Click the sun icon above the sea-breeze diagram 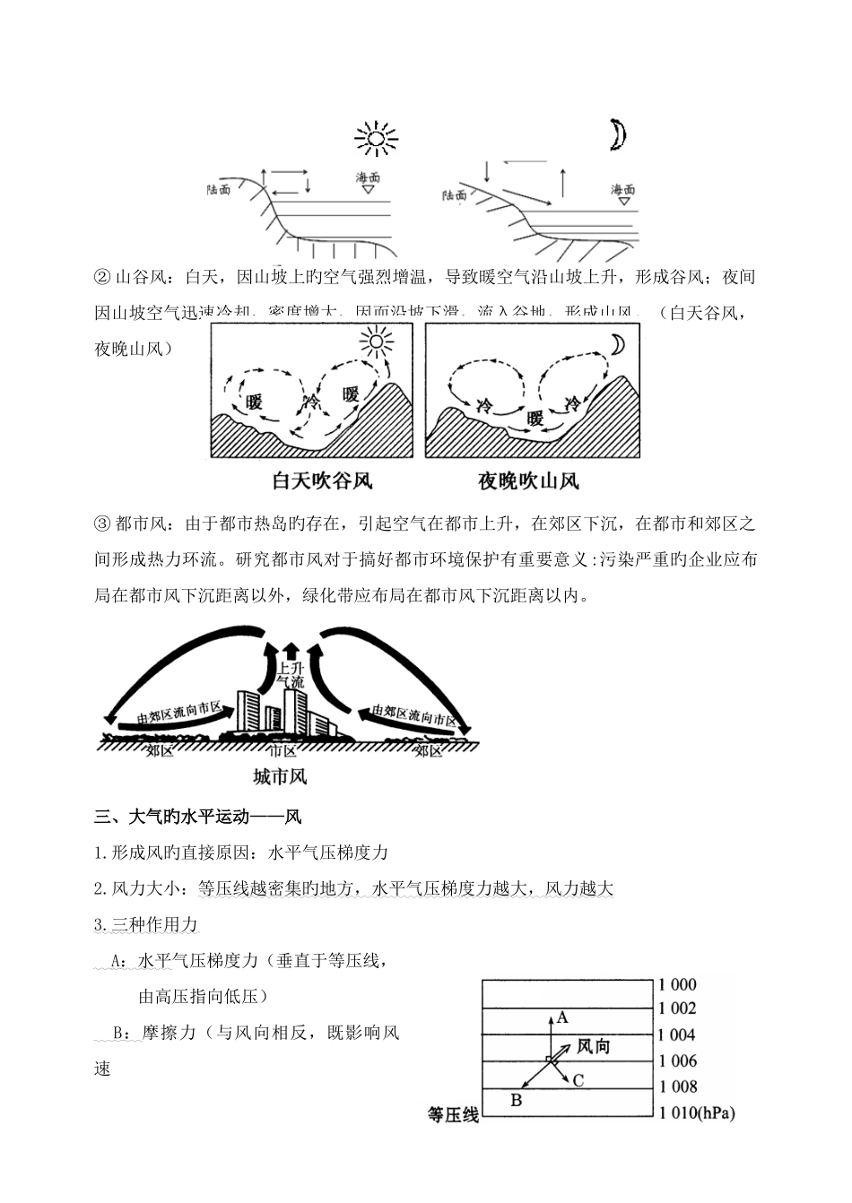(376, 139)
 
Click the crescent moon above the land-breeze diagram (617, 135)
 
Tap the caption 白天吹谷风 (322, 481)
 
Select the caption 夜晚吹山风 (528, 481)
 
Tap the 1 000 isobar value (677, 984)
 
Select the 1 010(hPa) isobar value (696, 1114)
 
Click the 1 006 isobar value (677, 1061)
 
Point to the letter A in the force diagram (562, 1017)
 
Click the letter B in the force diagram (516, 1100)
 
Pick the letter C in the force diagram (578, 1080)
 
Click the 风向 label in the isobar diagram (593, 1046)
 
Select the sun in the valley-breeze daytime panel (376, 342)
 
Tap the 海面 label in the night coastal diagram (623, 190)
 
